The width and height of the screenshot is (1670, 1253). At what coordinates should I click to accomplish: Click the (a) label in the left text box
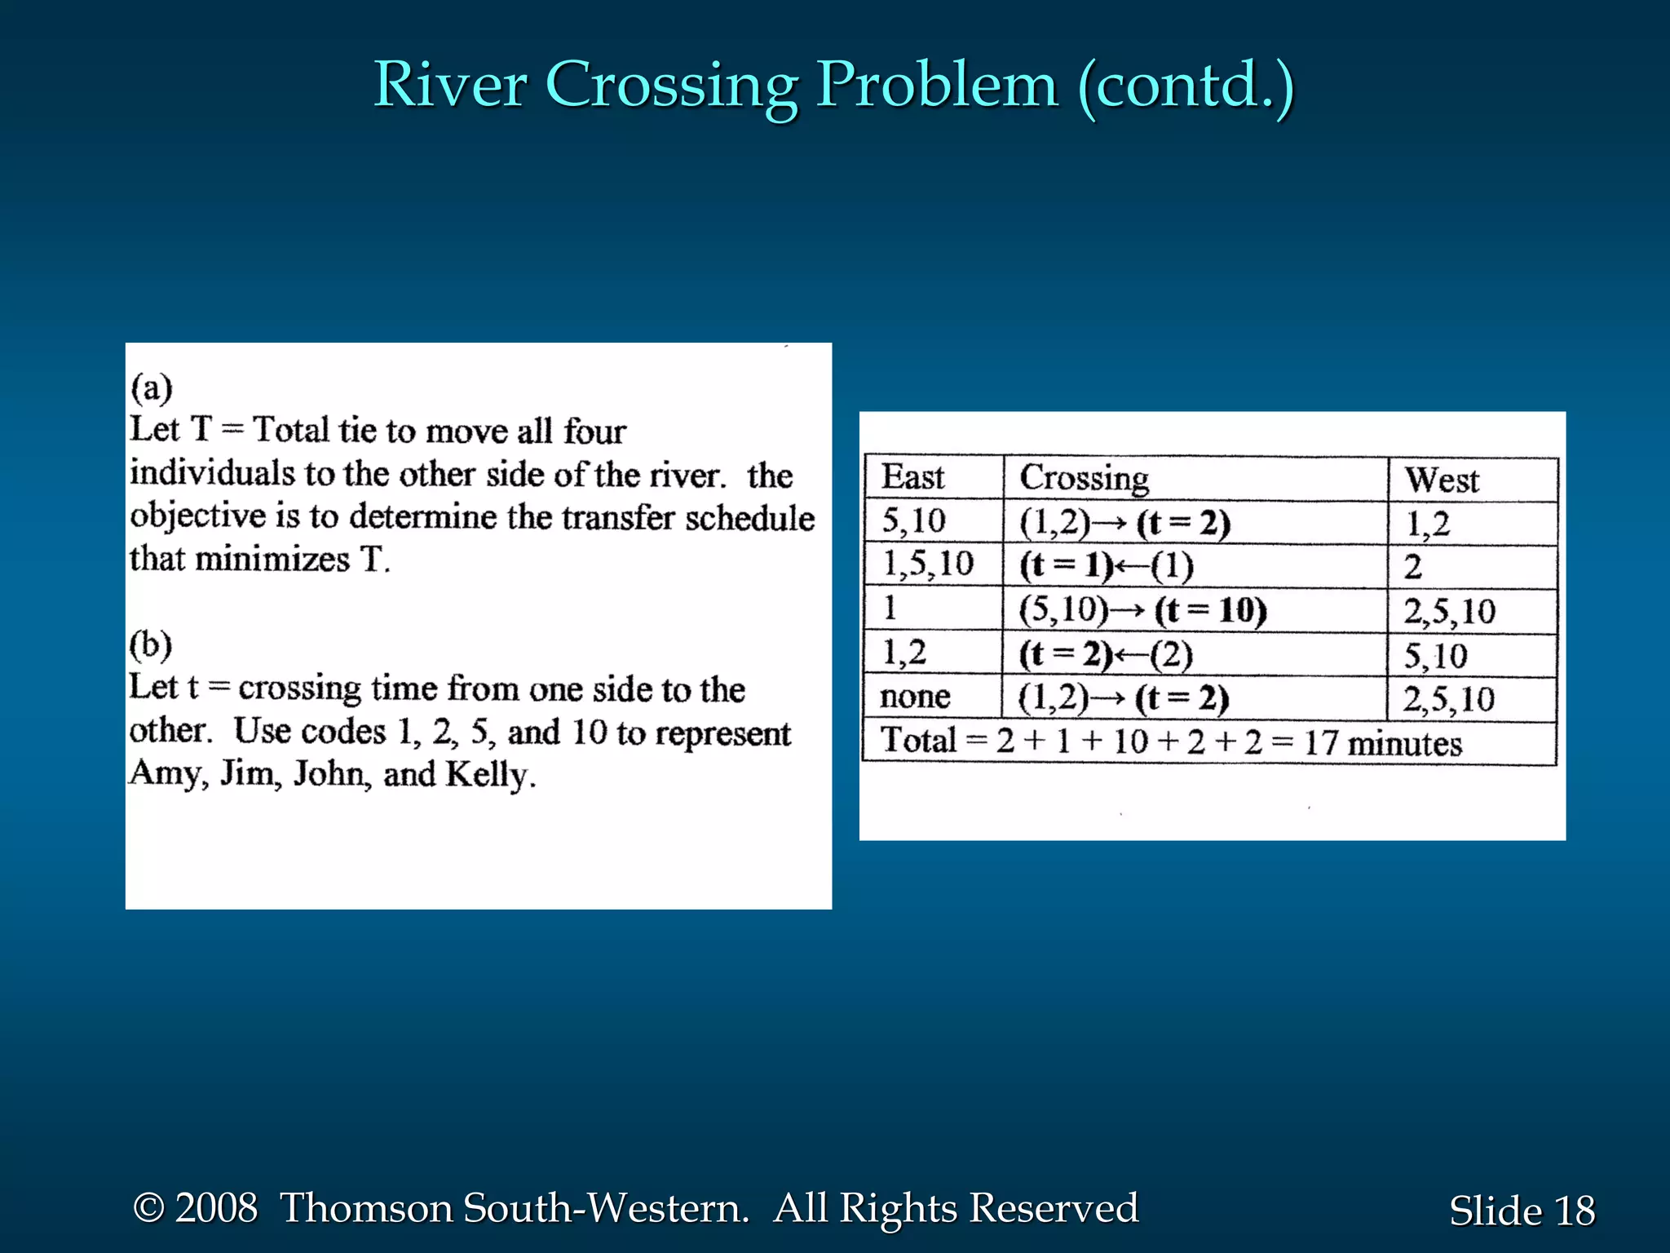coord(152,387)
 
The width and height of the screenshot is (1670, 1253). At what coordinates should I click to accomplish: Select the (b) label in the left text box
coord(151,644)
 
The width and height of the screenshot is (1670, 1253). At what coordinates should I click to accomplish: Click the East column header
coord(912,477)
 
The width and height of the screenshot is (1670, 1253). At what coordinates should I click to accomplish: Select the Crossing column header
coord(1084,478)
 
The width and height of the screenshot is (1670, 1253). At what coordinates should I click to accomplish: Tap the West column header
coord(1441,480)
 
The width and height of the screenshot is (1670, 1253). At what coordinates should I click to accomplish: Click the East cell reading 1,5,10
coord(928,564)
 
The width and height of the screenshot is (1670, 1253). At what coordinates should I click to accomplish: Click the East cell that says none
coord(915,697)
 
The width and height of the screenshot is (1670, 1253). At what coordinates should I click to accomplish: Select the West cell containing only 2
coord(1413,567)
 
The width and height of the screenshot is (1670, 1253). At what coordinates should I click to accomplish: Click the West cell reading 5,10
coord(1435,656)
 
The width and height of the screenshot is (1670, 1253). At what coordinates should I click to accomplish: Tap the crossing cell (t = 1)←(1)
coord(1106,565)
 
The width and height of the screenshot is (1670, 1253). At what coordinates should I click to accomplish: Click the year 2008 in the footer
coord(216,1208)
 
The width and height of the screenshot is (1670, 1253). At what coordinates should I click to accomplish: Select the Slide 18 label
coord(1521,1211)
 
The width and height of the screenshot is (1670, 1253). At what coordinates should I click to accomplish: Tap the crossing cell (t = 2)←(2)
coord(1106,654)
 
